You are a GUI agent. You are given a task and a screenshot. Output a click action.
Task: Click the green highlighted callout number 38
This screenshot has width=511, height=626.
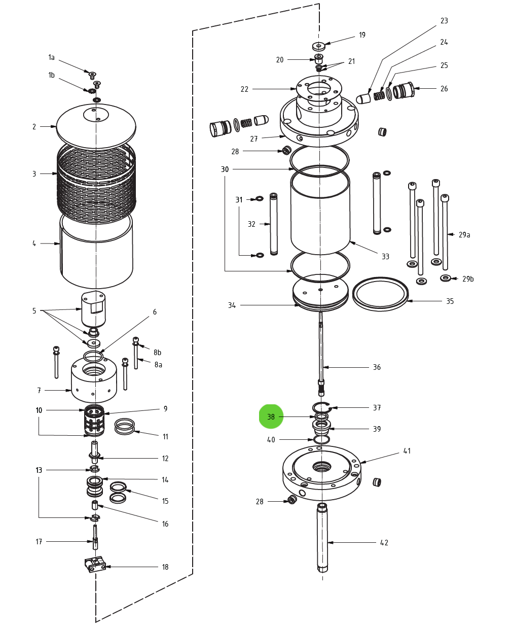point(271,416)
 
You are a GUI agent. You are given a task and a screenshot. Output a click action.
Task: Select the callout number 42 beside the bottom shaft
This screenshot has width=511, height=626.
point(384,543)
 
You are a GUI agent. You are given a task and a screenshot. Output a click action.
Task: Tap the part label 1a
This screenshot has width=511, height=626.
point(51,57)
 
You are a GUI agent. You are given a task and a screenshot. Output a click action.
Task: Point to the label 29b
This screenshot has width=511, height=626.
point(467,279)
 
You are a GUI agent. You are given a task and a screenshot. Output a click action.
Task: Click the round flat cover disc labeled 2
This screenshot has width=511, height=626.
point(96,127)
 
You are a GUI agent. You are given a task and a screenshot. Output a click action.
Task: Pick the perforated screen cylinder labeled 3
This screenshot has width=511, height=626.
point(96,178)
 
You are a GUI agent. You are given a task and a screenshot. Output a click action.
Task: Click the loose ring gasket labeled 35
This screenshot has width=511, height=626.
point(380,294)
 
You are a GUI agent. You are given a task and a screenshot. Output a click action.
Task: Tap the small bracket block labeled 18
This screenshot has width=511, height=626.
point(95,564)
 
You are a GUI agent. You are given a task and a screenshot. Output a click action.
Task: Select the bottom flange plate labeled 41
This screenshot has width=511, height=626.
point(321,472)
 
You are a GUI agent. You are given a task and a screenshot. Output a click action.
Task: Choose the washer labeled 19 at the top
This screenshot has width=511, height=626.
point(318,46)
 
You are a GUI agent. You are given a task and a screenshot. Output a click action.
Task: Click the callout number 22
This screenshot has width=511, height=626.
point(244,89)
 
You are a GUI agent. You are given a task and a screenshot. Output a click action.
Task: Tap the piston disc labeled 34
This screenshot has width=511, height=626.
point(320,293)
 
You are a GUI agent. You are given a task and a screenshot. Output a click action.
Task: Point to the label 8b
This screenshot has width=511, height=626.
point(157,352)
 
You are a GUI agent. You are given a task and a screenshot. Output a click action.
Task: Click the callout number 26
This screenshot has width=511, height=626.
point(444,88)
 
